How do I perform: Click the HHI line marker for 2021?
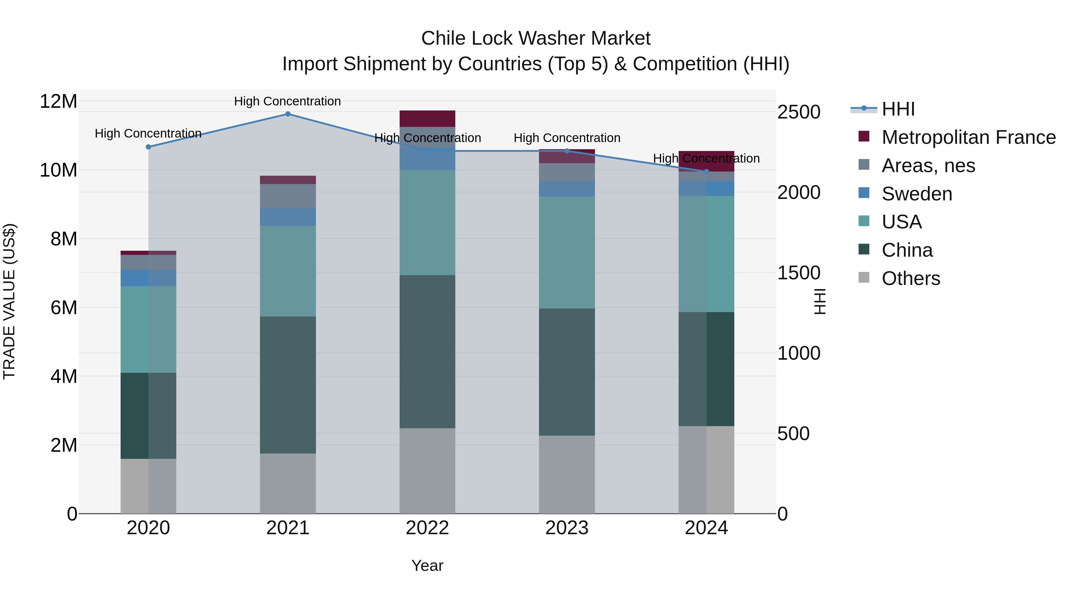point(288,114)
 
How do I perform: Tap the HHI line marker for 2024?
point(706,172)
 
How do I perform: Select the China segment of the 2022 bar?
point(427,352)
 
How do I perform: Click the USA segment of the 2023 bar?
point(567,252)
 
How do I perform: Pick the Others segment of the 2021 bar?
point(288,483)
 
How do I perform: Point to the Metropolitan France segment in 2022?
point(427,119)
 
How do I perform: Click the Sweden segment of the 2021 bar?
point(288,217)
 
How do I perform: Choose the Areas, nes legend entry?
point(928,166)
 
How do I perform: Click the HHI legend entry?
point(898,109)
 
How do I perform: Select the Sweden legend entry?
point(917,194)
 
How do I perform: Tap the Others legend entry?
point(911,278)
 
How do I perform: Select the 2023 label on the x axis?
point(567,528)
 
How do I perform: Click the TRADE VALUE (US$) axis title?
point(10,301)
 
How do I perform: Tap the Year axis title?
point(427,565)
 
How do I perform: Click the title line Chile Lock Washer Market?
point(536,38)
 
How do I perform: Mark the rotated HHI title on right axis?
point(819,301)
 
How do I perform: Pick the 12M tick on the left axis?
point(58,102)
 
